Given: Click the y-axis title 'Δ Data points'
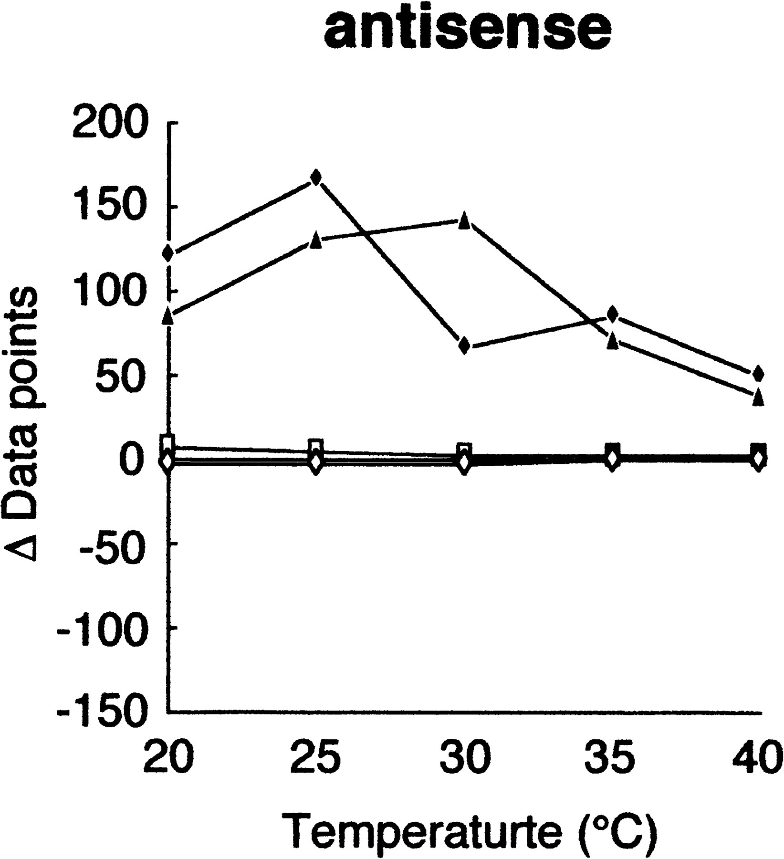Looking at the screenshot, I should pyautogui.click(x=21, y=424).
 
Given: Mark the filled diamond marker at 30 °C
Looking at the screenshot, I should pyautogui.click(x=464, y=346).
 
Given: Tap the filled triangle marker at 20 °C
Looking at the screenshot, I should pyautogui.click(x=167, y=316).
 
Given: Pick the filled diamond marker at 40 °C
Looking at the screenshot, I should pyautogui.click(x=758, y=374).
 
